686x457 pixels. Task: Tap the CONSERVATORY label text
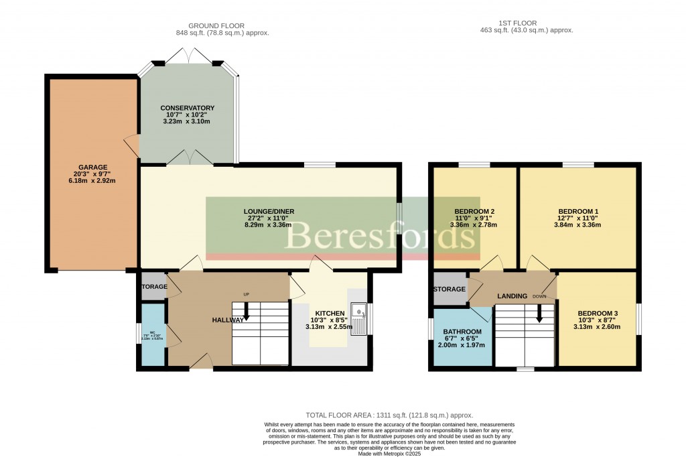(x=187, y=108)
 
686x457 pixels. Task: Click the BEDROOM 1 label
(x=577, y=212)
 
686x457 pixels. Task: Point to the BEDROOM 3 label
(x=597, y=314)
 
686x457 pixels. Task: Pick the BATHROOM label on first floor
(x=462, y=332)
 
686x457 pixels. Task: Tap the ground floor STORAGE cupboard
(x=153, y=287)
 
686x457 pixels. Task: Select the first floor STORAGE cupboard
(x=450, y=289)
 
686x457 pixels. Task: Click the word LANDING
(x=512, y=296)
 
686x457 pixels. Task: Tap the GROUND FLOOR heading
(x=220, y=25)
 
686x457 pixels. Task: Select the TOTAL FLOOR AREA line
(x=393, y=415)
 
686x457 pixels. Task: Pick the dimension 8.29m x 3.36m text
(x=268, y=225)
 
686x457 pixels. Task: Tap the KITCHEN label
(x=330, y=313)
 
